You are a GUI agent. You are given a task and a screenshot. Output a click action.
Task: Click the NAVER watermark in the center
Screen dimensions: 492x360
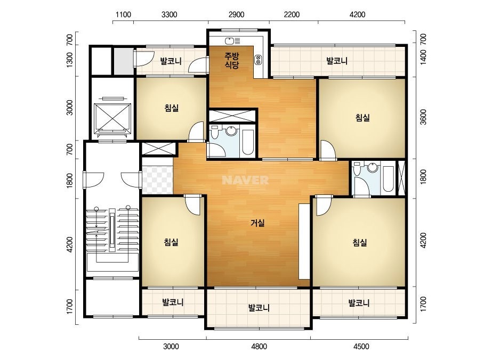pos(245,180)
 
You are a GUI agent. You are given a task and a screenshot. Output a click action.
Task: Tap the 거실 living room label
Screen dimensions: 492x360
pos(257,223)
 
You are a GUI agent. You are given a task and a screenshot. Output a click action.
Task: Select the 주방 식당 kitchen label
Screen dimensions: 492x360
pos(232,61)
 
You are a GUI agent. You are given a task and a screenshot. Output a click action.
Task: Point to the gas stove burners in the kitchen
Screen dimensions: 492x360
pos(258,60)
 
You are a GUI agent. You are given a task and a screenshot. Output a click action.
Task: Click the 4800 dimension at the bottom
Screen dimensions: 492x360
pos(260,347)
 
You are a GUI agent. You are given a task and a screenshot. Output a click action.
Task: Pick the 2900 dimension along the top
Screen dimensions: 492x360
pos(237,14)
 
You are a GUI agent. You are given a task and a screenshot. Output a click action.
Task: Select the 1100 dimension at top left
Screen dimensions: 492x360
pos(123,14)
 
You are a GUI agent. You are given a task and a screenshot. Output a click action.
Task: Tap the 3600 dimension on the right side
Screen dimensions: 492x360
pos(423,117)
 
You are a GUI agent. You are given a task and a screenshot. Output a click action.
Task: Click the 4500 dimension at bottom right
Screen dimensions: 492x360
pos(361,347)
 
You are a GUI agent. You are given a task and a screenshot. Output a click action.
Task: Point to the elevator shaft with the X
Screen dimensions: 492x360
pos(112,117)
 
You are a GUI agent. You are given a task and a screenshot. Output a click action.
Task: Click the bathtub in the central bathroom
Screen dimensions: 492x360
pos(247,142)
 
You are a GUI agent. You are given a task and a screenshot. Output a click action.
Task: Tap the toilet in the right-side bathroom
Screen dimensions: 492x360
pos(357,169)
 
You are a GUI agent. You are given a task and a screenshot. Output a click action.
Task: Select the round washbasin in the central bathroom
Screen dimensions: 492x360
pos(232,131)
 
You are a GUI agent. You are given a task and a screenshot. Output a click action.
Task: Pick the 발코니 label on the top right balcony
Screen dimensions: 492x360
pos(337,61)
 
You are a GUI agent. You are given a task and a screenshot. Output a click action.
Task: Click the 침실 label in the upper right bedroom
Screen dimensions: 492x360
pos(362,118)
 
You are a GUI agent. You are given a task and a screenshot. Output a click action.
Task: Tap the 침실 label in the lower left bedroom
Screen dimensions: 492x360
pos(171,242)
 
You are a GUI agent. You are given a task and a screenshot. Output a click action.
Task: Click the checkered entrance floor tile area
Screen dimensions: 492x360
pos(158,180)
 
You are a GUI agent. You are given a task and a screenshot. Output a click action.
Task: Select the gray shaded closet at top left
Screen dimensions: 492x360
pos(124,61)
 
